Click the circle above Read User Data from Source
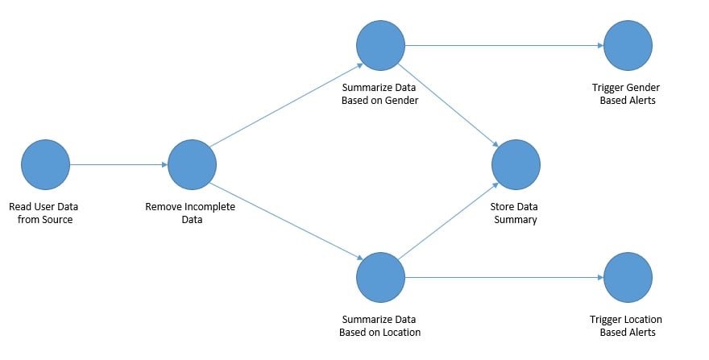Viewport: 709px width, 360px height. (46, 164)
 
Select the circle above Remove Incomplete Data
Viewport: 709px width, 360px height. (192, 164)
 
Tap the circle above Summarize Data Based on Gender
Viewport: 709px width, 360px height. (380, 44)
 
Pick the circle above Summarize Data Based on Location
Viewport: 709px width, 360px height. (380, 277)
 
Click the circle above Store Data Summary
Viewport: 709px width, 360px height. (516, 164)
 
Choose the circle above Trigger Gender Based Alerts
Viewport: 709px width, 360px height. (628, 44)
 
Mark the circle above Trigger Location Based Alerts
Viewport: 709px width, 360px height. (628, 277)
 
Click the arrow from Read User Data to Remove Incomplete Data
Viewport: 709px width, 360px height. (118, 164)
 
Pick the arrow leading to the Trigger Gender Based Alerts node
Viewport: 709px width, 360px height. (504, 44)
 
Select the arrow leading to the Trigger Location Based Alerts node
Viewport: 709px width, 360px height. (504, 277)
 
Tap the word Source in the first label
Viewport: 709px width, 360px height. (56, 219)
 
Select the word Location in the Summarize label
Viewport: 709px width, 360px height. (400, 332)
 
